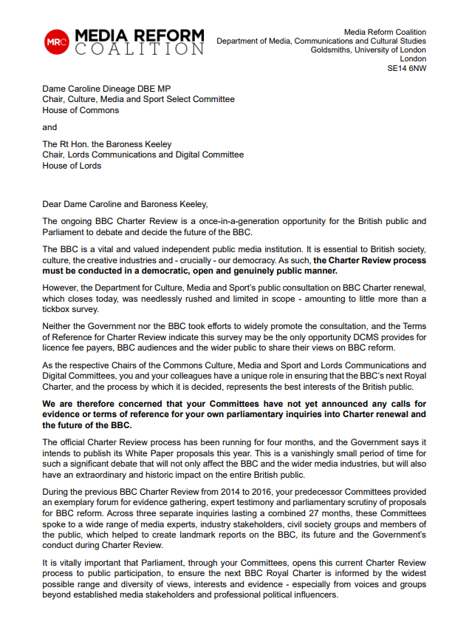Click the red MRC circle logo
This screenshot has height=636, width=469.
56,42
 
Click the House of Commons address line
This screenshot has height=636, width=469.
81,110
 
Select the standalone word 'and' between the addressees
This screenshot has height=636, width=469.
49,127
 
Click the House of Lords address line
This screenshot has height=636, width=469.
72,166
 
